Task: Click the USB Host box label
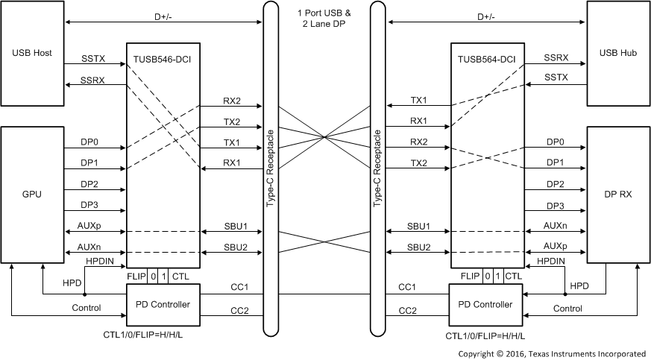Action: (31, 53)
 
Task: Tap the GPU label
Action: (31, 194)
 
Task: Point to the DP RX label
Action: (618, 194)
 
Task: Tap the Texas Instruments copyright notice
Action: (551, 353)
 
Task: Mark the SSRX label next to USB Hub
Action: (556, 57)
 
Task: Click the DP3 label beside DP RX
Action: (555, 206)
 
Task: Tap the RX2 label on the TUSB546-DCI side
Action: (232, 101)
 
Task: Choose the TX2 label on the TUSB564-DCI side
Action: (418, 162)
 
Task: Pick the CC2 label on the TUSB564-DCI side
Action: (407, 310)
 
